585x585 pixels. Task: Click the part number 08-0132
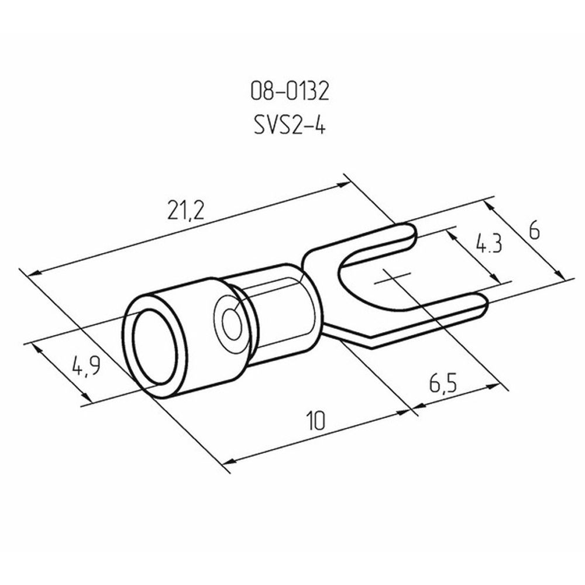(x=290, y=91)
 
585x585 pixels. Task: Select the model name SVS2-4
(x=290, y=125)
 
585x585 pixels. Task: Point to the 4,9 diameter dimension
(x=86, y=366)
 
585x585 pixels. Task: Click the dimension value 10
(x=316, y=421)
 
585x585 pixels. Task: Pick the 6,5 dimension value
(x=443, y=384)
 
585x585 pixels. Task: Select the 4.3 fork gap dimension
(x=489, y=243)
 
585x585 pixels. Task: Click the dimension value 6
(x=534, y=232)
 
